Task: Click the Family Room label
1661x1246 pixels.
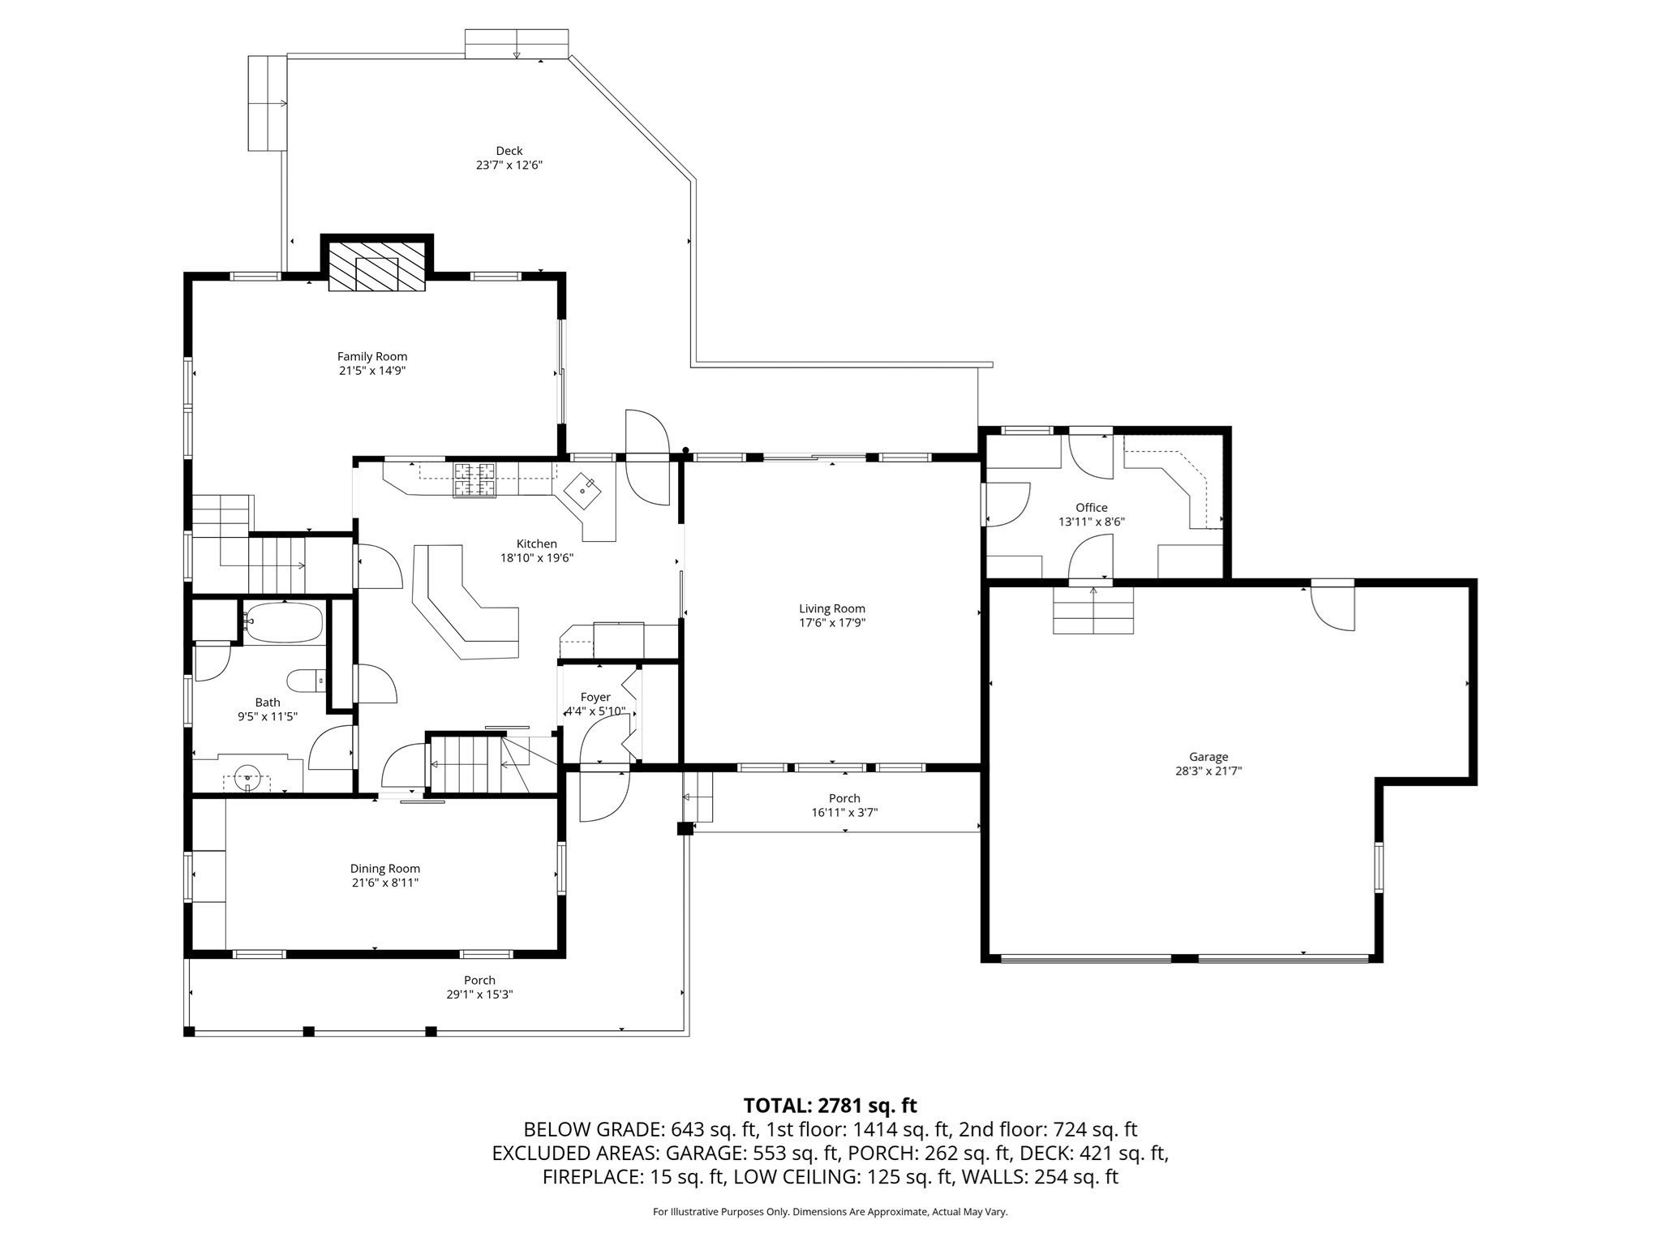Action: point(372,356)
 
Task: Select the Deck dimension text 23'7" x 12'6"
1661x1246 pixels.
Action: point(509,165)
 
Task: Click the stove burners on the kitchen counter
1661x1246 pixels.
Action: point(474,479)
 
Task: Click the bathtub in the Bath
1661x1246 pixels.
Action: point(284,623)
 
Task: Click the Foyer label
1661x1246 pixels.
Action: point(595,697)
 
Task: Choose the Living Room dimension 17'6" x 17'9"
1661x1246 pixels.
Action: point(832,623)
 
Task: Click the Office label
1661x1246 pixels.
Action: point(1092,508)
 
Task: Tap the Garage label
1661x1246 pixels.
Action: point(1208,757)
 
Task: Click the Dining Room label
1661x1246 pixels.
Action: point(385,868)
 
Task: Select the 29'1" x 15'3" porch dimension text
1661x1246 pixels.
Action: point(479,994)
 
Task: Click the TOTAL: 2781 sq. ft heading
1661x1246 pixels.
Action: point(830,1105)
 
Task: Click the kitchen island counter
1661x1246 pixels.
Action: point(464,607)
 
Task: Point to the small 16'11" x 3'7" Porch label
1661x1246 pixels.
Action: point(844,798)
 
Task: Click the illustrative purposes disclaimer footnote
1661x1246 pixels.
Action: point(830,1212)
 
